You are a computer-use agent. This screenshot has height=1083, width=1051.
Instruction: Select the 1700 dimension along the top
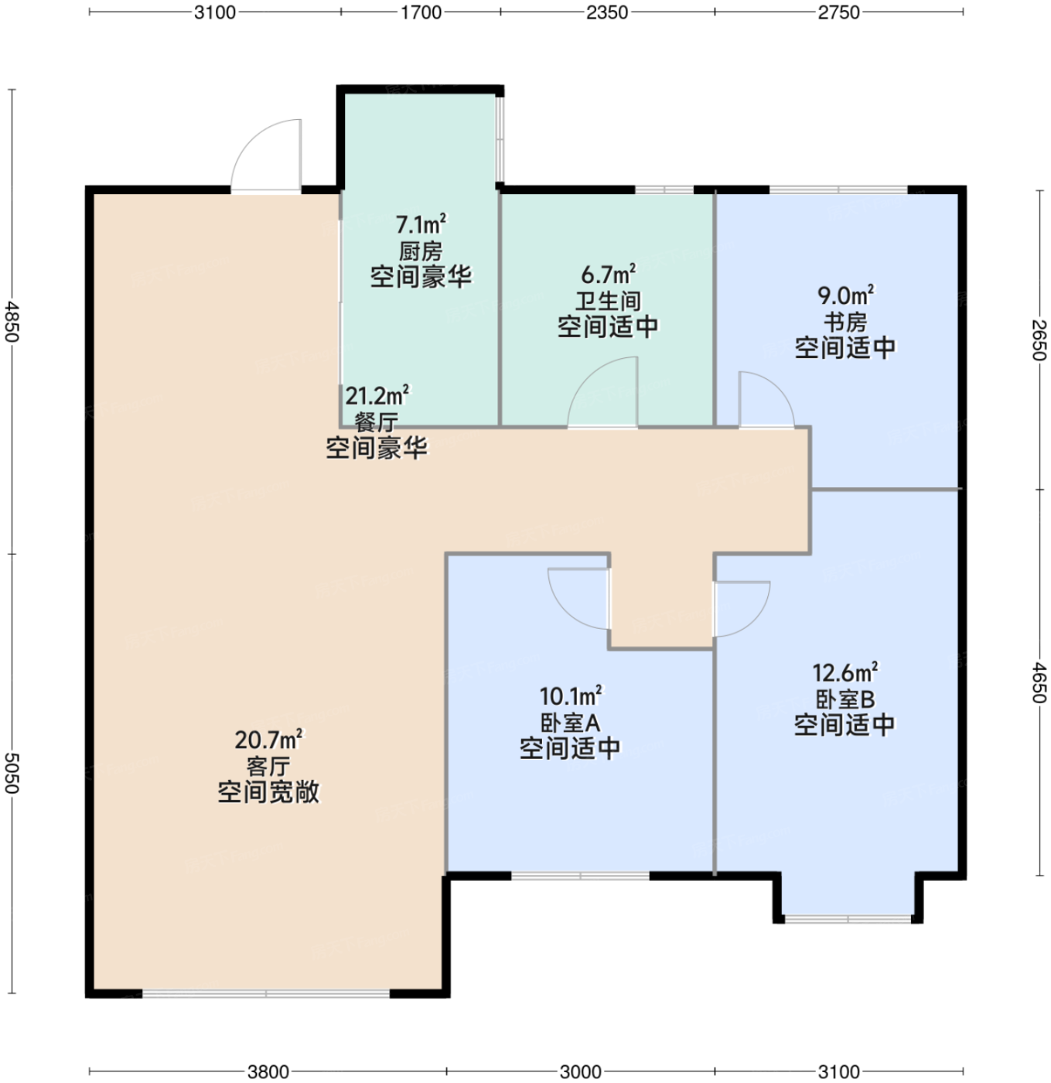click(x=421, y=12)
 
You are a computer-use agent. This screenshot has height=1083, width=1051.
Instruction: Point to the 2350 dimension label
click(x=607, y=12)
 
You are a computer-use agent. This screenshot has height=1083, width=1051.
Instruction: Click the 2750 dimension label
click(x=838, y=12)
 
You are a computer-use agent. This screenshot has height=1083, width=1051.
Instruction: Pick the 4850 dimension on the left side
click(x=12, y=322)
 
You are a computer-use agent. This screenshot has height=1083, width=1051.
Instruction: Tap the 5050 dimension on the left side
click(x=12, y=774)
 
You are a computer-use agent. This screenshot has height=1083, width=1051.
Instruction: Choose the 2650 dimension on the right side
click(x=1039, y=340)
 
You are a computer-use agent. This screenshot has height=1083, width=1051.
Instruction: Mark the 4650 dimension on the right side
click(x=1039, y=682)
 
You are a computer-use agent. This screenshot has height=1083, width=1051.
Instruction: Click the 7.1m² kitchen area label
click(x=421, y=224)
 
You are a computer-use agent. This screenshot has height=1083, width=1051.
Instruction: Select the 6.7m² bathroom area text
click(x=608, y=274)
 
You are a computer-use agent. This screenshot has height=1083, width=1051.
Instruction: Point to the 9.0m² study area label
click(x=845, y=295)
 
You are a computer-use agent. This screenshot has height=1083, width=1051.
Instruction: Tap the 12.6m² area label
click(x=845, y=671)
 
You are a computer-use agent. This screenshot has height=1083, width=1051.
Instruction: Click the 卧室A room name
click(x=570, y=723)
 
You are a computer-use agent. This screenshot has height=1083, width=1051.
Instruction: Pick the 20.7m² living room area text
click(x=268, y=739)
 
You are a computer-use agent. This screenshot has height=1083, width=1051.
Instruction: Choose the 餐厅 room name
click(x=376, y=422)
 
